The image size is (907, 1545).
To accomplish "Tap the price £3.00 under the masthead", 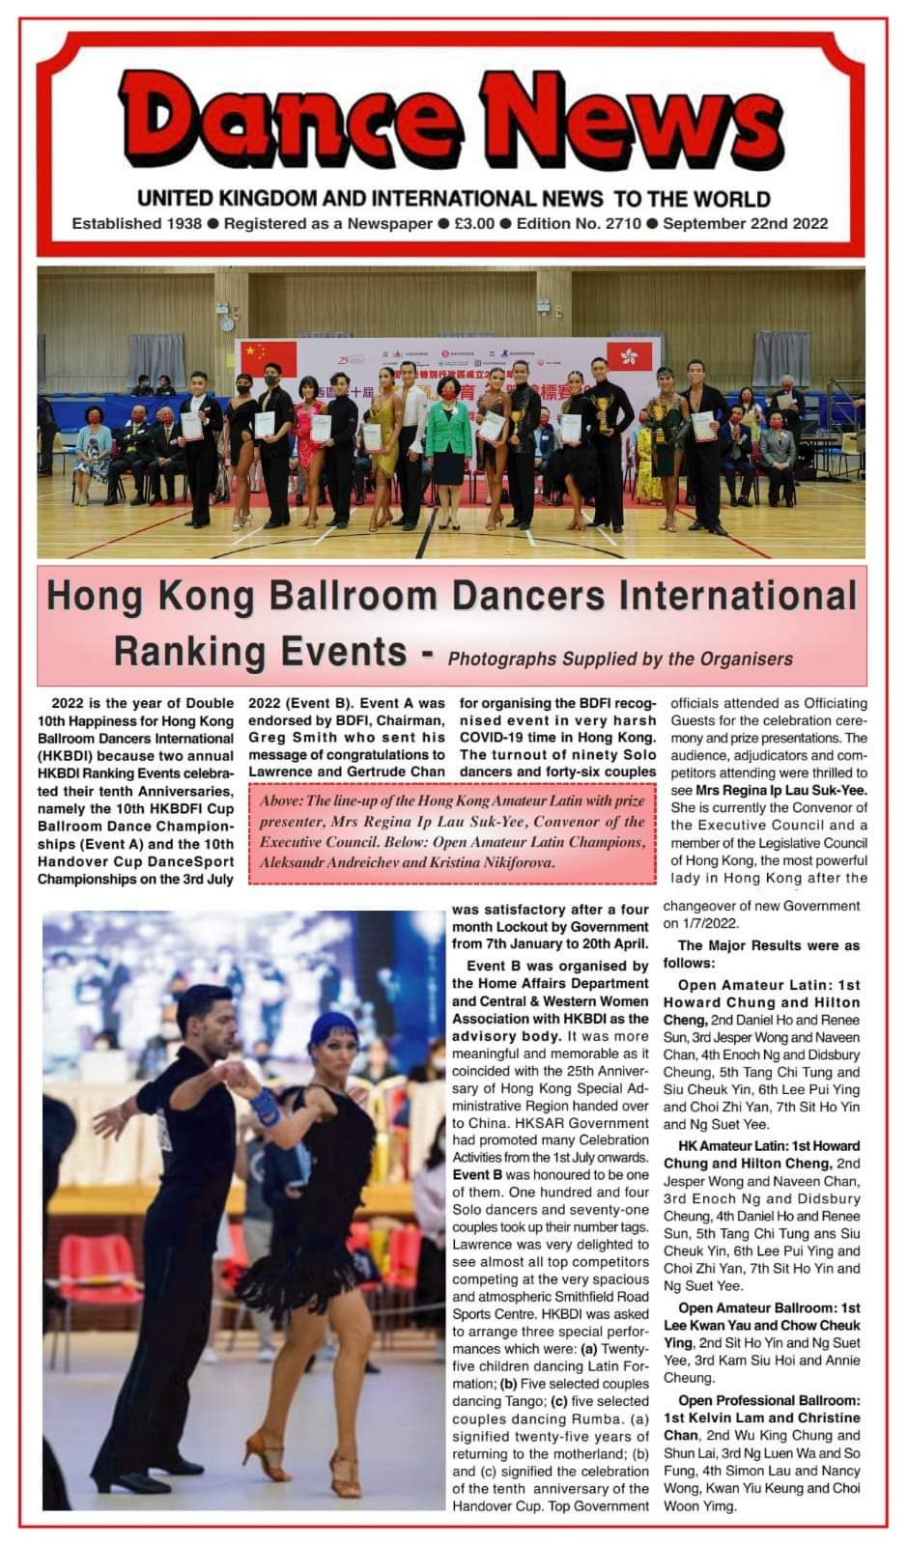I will click(473, 223).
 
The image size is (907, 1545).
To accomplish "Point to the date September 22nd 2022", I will click(746, 223).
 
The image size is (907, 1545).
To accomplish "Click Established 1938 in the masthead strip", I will click(136, 223).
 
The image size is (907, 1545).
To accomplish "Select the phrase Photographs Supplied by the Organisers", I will click(620, 659).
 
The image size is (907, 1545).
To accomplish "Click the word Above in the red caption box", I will click(281, 801).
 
